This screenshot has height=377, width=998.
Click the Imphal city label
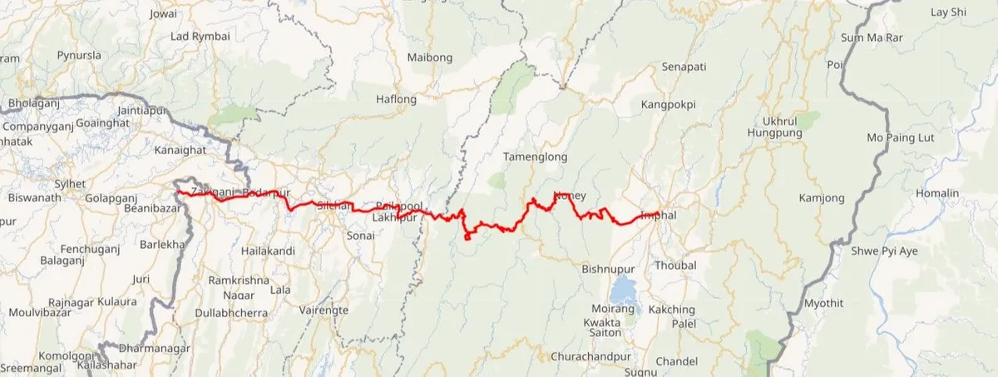click(x=660, y=215)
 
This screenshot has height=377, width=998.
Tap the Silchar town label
click(x=331, y=205)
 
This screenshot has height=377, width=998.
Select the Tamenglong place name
click(x=536, y=156)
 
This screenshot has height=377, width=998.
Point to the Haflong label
click(x=396, y=99)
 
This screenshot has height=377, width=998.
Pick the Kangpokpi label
click(x=668, y=105)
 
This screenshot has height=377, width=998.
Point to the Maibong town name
click(x=430, y=57)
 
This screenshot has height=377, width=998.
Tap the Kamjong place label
click(x=821, y=198)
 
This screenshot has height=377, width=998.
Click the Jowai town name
click(x=163, y=14)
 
